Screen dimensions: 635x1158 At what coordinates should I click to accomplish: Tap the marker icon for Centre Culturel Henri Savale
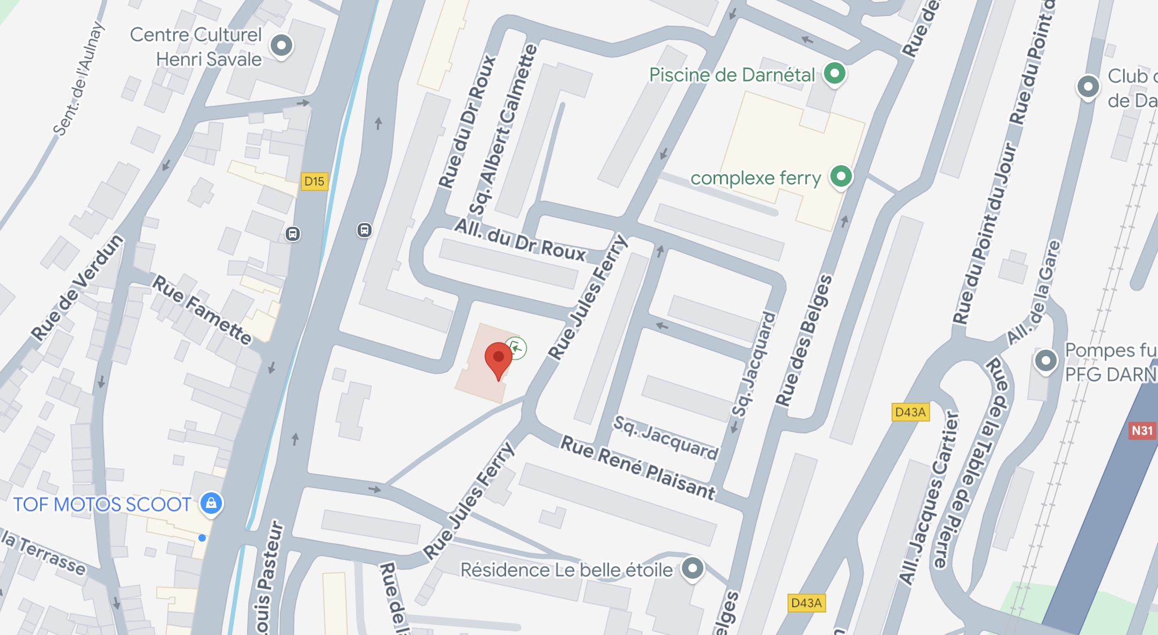[281, 46]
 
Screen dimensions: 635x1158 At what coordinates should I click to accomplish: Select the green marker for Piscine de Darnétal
[834, 73]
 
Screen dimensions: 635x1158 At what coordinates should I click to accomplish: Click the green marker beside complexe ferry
[841, 176]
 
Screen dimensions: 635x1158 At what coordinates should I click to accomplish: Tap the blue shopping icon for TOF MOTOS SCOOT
[211, 503]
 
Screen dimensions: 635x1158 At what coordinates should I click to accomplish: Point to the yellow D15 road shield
[314, 181]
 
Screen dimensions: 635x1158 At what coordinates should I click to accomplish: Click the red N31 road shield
[1141, 431]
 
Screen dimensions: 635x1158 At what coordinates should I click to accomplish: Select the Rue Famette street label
[202, 309]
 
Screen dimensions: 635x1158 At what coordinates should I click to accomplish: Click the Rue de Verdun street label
[77, 287]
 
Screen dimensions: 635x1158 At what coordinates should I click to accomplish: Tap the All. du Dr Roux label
[520, 241]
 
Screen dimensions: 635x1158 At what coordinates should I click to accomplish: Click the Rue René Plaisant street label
[637, 467]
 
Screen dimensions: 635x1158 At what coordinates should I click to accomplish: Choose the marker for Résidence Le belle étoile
[692, 568]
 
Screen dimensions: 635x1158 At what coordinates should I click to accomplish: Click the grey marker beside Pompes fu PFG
[1045, 361]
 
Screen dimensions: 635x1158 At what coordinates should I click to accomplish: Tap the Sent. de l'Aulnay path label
[78, 79]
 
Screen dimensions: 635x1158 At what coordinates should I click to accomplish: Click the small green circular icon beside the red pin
[516, 348]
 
